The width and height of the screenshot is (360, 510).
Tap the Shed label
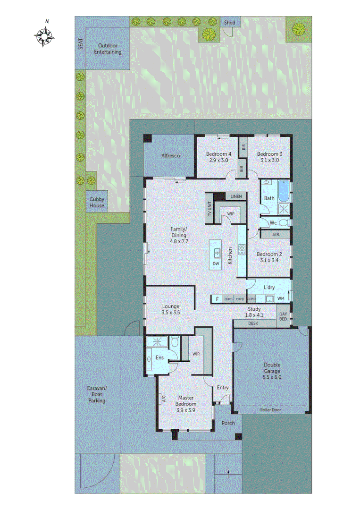pos(230,23)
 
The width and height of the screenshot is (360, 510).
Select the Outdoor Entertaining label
pos(107,49)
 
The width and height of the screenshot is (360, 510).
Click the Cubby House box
pos(97,202)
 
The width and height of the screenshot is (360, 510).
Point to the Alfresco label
pos(170,155)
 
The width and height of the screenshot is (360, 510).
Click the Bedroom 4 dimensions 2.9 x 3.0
pos(218,161)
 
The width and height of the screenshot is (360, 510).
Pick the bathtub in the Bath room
pos(283,191)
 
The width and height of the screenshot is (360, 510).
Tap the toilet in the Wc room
pos(283,223)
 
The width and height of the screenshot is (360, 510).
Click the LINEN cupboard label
pos(236,196)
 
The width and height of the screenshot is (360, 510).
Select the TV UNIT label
pos(209,208)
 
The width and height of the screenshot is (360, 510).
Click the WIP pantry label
pos(231,214)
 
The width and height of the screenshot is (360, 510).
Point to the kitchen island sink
pos(217,252)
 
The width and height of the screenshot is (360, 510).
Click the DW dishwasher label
pos(216,263)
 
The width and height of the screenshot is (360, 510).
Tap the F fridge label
pos(217,299)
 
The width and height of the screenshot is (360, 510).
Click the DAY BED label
pos(283,316)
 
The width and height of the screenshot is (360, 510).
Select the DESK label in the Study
pos(253,323)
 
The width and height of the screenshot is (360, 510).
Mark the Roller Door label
pos(273,410)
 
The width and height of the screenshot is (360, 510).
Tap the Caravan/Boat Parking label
pos(96,394)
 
